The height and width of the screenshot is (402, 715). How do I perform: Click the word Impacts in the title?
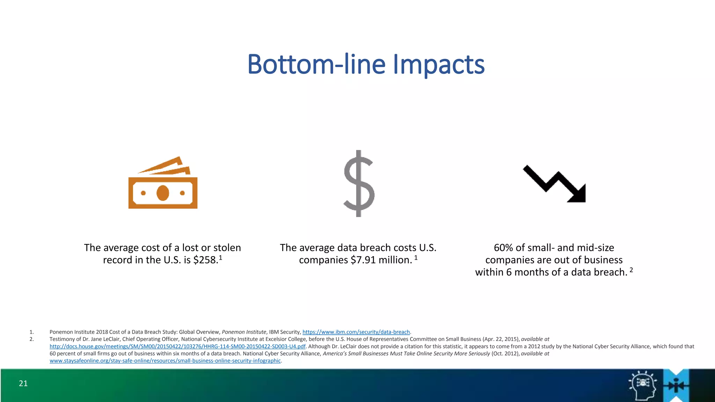coord(439,65)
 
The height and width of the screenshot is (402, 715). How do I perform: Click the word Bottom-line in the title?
coord(316,65)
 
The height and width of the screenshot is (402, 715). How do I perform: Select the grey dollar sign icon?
coord(359,184)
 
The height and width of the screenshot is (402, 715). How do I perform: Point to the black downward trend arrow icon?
coord(554,184)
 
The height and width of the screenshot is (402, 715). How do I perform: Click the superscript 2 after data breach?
coord(631,270)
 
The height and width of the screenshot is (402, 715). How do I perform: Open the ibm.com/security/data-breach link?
coord(356,332)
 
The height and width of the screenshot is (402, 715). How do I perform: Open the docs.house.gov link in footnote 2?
coord(177,347)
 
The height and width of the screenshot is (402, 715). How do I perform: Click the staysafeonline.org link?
coord(165,361)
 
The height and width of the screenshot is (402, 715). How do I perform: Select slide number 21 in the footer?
coord(23,384)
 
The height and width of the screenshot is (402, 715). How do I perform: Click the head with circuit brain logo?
coord(642,385)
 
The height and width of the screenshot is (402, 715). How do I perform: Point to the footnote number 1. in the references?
coord(31,332)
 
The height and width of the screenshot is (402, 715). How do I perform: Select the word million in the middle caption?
coord(395,260)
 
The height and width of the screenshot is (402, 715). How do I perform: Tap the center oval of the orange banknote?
coord(163,193)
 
